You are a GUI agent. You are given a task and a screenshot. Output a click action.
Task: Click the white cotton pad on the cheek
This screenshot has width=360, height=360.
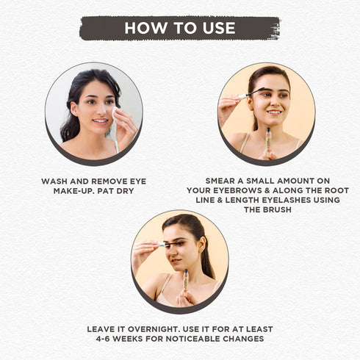[x=115, y=114]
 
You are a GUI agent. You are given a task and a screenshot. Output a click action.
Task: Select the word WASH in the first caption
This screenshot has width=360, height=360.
[x=54, y=181]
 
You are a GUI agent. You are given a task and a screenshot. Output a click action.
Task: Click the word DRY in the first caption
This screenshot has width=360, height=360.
[x=125, y=191]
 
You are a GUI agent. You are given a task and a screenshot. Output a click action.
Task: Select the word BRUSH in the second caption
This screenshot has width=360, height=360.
[x=278, y=209]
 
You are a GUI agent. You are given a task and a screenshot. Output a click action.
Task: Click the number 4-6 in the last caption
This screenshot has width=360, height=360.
[x=103, y=339]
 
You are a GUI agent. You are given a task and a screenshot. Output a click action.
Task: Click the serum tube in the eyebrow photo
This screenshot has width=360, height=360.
[x=268, y=143]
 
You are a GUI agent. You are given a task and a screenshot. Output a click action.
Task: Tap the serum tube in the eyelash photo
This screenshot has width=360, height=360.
[x=185, y=281]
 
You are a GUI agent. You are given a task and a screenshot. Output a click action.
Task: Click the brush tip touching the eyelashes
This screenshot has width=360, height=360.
[x=171, y=243]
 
